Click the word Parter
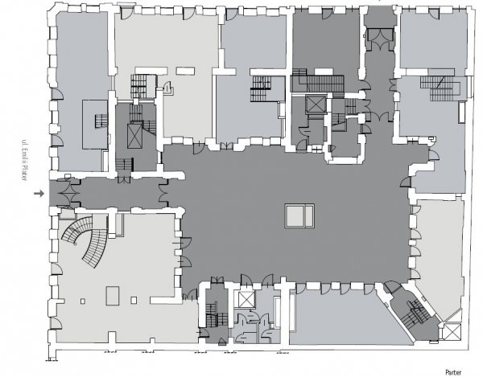click(453, 372)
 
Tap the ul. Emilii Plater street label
click(24, 160)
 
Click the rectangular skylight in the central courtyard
click(299, 216)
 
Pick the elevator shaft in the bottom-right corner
click(452, 332)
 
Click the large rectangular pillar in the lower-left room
click(113, 296)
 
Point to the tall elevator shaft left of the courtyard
click(134, 136)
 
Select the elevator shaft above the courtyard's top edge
click(316, 104)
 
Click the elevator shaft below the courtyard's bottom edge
click(247, 299)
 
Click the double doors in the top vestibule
click(379, 39)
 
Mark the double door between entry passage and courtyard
click(163, 193)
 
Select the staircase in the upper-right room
click(441, 88)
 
